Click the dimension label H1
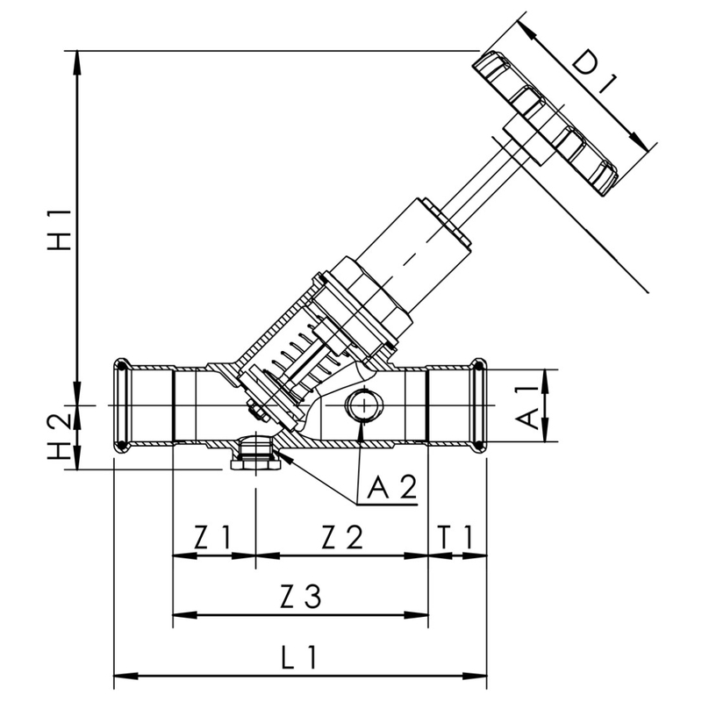click(x=59, y=230)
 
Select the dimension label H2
click(x=59, y=437)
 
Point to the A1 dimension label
click(x=528, y=406)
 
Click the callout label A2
click(x=391, y=488)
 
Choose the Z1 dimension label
click(x=212, y=536)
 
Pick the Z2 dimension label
click(x=341, y=536)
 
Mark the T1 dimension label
click(x=457, y=536)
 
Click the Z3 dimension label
click(x=301, y=598)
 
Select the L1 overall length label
click(x=301, y=657)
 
